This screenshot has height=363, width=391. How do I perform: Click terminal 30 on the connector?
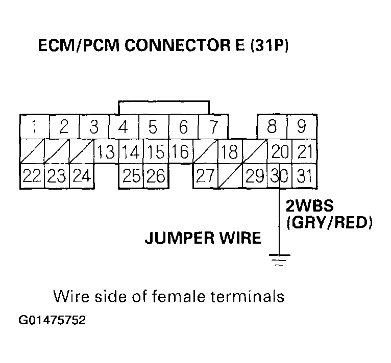[x=279, y=176]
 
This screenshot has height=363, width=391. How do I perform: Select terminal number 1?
[x=33, y=126]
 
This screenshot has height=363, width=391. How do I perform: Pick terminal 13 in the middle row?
[x=106, y=151]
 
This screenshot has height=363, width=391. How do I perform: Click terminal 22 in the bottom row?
[x=32, y=176]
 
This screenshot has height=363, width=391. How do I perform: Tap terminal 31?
[x=304, y=176]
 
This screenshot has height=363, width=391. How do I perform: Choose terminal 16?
[x=180, y=151]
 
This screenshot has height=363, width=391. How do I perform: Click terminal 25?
[x=132, y=176]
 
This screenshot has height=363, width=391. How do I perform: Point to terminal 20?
[x=280, y=151]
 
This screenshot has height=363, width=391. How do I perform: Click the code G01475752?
[x=52, y=322]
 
